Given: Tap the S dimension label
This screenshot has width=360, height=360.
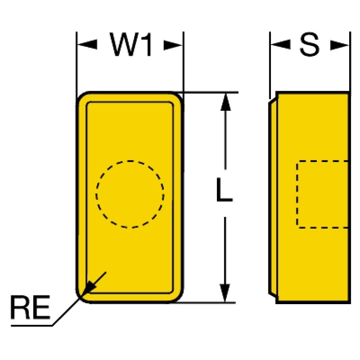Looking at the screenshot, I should tap(310, 46).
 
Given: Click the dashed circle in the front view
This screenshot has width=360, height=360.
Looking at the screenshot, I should tap(130, 194).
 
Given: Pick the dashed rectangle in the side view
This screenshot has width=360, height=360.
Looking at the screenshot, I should tap(322, 194).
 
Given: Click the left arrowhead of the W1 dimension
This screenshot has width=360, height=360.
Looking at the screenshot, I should tap(85, 45).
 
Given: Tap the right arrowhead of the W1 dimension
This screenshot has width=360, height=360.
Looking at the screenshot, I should tap(174, 45).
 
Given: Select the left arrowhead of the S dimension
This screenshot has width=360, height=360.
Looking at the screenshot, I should tap(279, 45).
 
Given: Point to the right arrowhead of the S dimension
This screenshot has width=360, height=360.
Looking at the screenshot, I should tap(341, 45).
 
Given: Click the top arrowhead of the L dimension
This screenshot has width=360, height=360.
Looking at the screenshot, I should tap(226, 101).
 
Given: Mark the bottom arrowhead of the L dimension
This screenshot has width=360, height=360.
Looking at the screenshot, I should tap(226, 293).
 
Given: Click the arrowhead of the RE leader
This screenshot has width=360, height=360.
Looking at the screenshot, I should tap(89, 286).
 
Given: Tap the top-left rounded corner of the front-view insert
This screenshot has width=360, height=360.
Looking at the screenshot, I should tap(83, 98).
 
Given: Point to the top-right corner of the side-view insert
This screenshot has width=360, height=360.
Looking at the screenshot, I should tap(349, 92).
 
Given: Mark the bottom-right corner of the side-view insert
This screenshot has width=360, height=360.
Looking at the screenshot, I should tap(349, 302).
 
